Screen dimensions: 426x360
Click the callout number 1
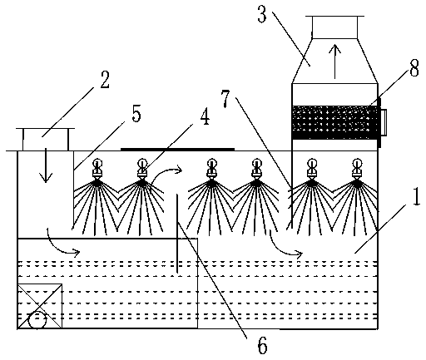[416, 197]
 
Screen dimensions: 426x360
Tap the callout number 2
[105, 80]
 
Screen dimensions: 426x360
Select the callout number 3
[262, 14]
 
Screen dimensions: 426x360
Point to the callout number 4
[205, 116]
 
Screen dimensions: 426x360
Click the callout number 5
[136, 113]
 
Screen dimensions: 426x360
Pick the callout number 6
[262, 345]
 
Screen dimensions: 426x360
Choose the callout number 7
[225, 99]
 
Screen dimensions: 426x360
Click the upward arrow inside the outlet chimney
[335, 61]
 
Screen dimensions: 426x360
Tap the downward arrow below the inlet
[46, 165]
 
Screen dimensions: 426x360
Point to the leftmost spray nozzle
[97, 168]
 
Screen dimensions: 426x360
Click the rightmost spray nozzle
[357, 168]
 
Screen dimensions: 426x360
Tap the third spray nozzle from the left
[211, 168]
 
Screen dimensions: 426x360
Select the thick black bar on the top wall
[177, 149]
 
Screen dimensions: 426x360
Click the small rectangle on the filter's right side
[384, 122]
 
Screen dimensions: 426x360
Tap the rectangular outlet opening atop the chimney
[334, 27]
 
